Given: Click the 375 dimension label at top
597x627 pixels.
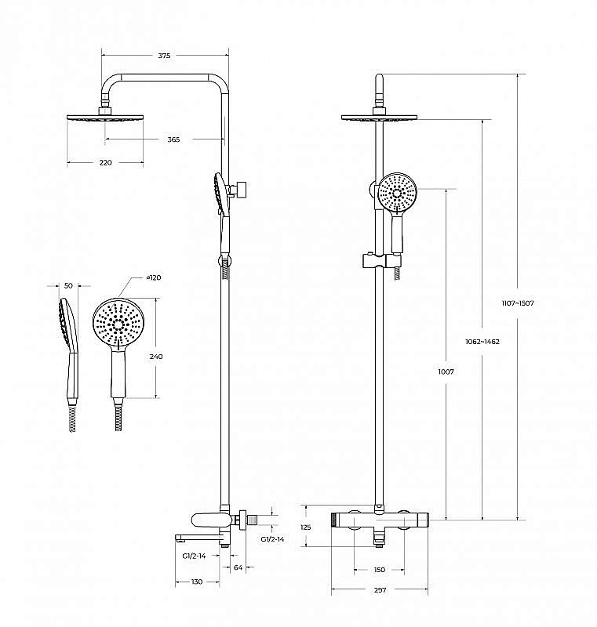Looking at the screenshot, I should (x=164, y=56).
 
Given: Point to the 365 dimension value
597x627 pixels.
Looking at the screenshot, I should (x=173, y=140).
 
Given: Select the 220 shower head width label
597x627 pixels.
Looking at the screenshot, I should (x=105, y=162).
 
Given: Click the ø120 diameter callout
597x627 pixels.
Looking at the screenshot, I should (x=153, y=278).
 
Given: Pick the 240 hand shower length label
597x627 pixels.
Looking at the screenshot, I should (x=156, y=357).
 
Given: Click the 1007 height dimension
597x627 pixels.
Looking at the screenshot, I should (x=446, y=371).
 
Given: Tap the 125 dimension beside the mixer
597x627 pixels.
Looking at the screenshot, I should (x=306, y=527).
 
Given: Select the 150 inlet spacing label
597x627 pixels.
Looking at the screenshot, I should (x=380, y=570).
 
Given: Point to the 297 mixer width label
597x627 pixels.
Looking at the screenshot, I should (x=380, y=590).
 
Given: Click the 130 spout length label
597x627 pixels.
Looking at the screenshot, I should (x=196, y=582).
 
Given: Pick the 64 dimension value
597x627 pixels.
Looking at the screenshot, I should (x=238, y=568).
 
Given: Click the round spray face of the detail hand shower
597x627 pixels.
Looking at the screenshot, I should (x=119, y=321).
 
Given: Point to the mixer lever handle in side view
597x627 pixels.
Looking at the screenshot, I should (x=209, y=519).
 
